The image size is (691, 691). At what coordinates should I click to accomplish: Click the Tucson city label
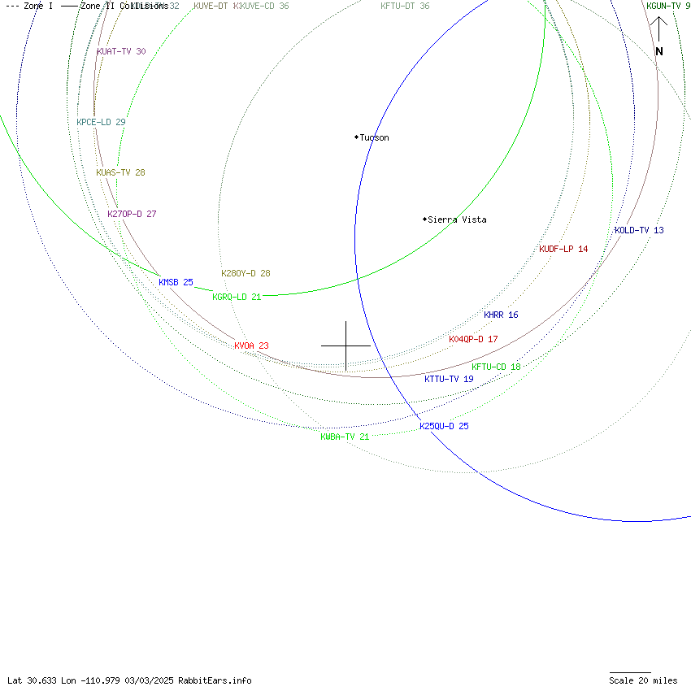(374, 138)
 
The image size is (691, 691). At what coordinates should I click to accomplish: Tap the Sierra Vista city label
(457, 219)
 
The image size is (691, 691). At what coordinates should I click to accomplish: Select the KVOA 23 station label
(251, 346)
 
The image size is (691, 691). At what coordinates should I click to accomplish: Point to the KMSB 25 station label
(176, 283)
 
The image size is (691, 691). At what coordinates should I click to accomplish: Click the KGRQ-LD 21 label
(237, 298)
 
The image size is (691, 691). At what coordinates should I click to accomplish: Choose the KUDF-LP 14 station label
(563, 250)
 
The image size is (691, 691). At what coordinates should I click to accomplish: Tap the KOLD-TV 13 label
(639, 231)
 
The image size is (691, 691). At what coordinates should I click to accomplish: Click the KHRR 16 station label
(501, 315)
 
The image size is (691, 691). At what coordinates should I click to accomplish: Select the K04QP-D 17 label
(473, 340)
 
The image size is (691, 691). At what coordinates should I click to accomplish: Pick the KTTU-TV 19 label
(449, 380)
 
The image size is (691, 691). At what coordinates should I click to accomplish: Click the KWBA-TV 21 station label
(345, 437)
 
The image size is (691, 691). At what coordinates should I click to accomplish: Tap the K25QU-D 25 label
(444, 427)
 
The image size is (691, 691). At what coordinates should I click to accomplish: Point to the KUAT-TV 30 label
(121, 52)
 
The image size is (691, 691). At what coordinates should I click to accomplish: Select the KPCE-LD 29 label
(101, 123)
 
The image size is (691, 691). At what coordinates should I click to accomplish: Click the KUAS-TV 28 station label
(120, 173)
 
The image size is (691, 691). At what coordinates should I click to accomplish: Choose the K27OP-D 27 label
(132, 215)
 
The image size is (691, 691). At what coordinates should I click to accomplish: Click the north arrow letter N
(659, 52)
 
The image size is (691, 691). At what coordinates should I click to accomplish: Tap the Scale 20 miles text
(643, 681)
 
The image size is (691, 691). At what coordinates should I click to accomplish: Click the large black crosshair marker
(346, 345)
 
